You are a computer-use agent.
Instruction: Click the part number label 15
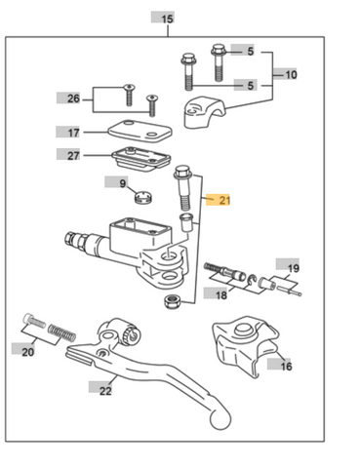tap(166, 18)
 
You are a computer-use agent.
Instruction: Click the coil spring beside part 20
tap(61, 332)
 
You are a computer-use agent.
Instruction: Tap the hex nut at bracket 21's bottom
tap(173, 301)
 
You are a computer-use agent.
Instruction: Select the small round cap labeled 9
tap(143, 198)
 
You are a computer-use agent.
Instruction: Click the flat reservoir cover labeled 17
tap(140, 131)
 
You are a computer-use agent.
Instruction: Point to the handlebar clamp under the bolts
tap(204, 111)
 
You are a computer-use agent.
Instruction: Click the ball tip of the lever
tap(220, 420)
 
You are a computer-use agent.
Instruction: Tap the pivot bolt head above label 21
tap(182, 172)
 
